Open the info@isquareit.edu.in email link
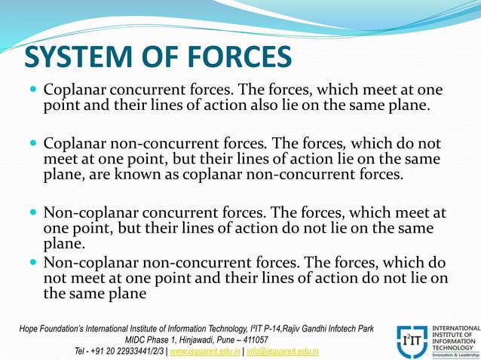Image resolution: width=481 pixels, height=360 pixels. (x=280, y=351)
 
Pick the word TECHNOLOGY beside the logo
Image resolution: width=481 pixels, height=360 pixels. (x=455, y=346)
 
